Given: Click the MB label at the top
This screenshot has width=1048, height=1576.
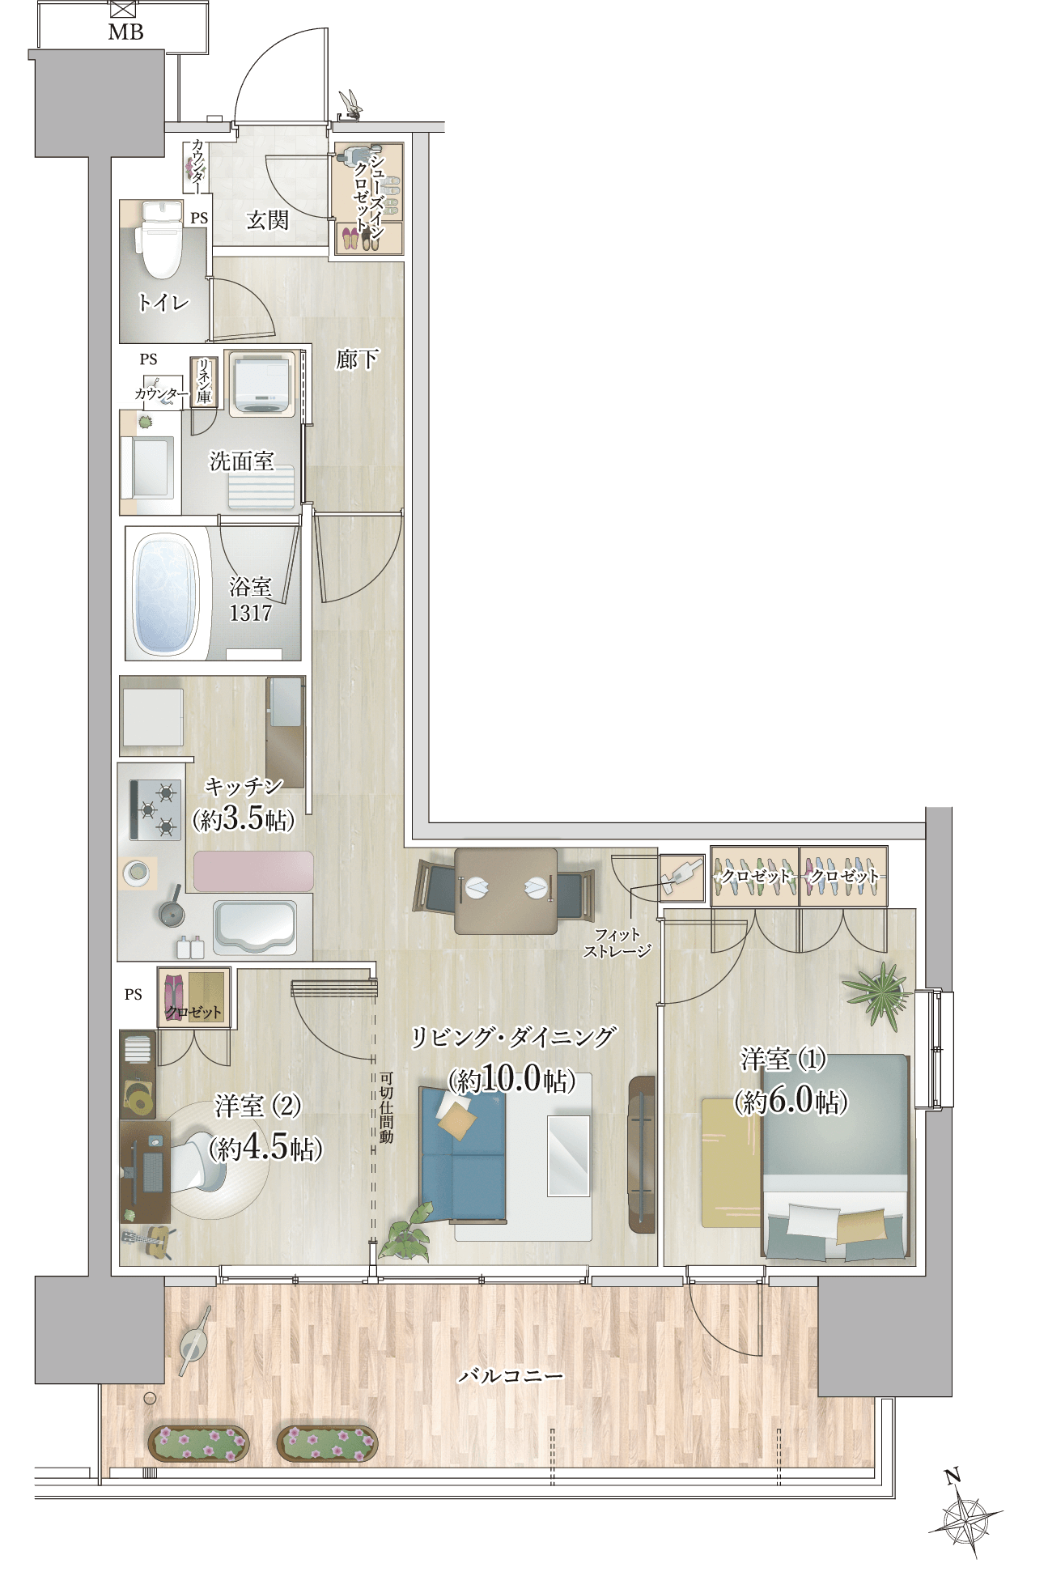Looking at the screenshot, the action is (125, 32).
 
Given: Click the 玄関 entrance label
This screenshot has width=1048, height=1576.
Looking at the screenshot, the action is (267, 219).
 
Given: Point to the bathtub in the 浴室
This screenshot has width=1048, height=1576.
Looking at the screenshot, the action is (166, 594).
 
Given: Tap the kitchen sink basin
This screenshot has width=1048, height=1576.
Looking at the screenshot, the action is (254, 928).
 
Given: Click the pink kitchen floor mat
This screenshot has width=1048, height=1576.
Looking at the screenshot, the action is (253, 871).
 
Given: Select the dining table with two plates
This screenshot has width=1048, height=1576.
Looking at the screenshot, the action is (506, 890).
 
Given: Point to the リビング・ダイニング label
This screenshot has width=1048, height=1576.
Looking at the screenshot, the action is (513, 1037).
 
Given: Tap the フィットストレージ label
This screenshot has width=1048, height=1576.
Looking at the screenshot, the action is (617, 943).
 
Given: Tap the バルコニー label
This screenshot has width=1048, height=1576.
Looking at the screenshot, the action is (511, 1375).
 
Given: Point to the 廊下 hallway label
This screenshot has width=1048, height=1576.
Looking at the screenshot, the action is (357, 359).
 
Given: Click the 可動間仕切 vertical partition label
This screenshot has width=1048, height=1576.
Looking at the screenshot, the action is (386, 1107).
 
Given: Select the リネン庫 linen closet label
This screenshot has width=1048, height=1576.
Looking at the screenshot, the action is (204, 381).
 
